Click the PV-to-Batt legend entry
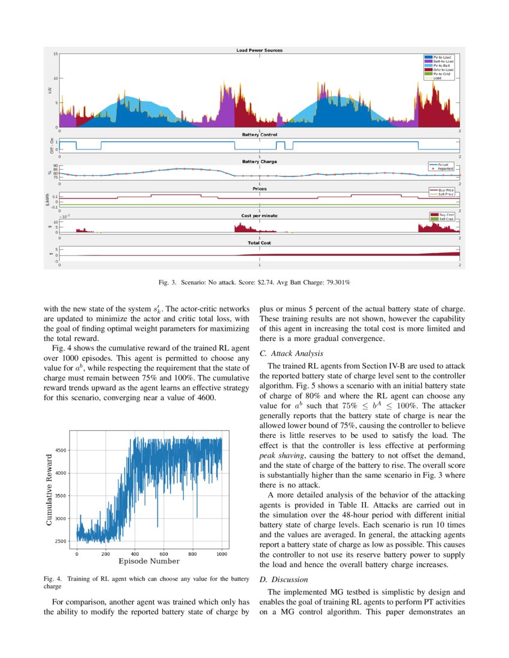point(442,65)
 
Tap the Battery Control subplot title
point(259,135)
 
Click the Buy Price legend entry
point(446,190)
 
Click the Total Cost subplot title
point(259,243)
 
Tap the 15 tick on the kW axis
point(55,54)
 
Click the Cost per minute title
point(259,215)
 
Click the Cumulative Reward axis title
point(50,490)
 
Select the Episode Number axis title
point(149,561)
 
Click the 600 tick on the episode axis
point(163,554)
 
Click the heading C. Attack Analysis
point(291,354)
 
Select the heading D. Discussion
point(283,579)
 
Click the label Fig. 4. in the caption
point(53,579)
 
